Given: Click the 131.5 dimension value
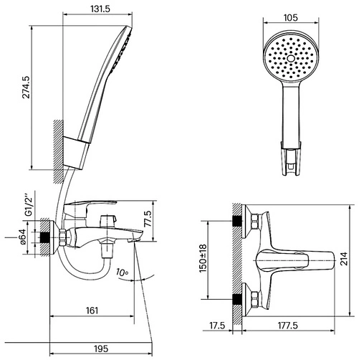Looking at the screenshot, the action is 100,9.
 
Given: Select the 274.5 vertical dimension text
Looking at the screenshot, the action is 26,87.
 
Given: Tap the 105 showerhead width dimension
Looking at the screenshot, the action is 290,18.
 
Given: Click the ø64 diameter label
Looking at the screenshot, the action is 23,237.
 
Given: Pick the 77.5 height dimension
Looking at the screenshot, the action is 148,219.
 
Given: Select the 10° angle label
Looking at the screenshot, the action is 123,273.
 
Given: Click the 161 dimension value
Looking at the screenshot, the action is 92,311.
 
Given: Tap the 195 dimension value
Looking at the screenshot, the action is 101,349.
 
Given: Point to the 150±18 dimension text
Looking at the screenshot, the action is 203,258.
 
